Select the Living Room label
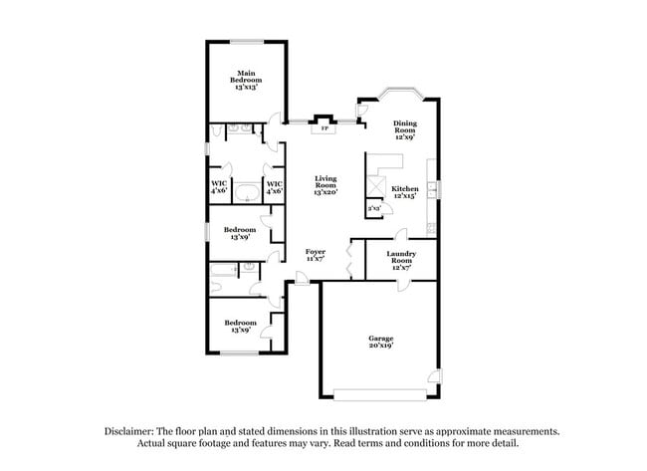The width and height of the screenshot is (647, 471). [x=325, y=184]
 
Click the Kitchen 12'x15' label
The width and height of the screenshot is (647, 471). [x=404, y=192]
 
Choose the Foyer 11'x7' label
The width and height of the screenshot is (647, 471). [x=316, y=256]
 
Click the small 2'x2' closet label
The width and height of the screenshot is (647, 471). [x=374, y=209]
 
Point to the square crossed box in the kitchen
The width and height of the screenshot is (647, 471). [x=377, y=186]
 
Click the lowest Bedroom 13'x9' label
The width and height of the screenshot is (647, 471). [x=240, y=326]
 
